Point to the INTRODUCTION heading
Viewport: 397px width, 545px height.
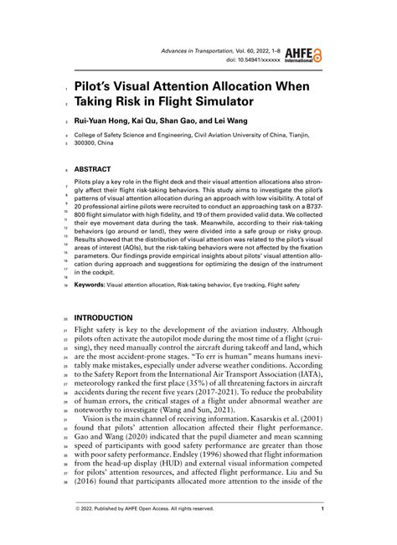104,318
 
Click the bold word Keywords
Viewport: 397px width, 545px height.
90,285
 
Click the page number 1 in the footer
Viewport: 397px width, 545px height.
322,508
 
